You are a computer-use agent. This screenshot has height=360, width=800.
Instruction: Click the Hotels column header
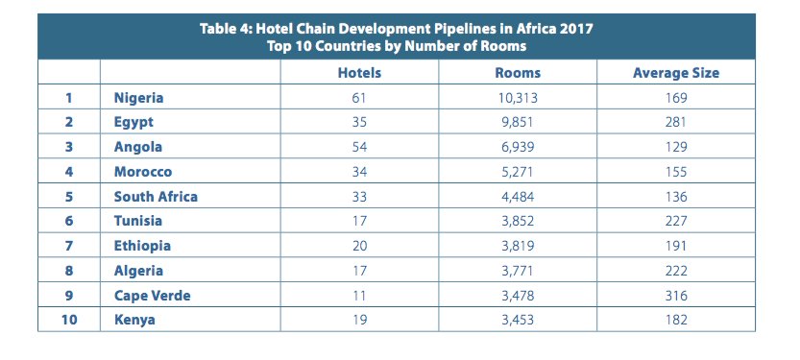pos(359,73)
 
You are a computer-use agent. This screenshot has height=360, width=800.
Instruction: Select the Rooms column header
pos(518,73)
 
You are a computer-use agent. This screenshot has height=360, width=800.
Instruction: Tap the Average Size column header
pos(676,73)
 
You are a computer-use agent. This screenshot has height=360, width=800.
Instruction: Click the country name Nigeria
pos(138,97)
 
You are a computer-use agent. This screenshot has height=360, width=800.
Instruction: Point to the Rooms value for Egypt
pos(518,122)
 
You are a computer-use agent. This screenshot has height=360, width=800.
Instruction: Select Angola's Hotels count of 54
pos(359,147)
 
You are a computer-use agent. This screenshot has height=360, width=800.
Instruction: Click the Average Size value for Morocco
pos(676,172)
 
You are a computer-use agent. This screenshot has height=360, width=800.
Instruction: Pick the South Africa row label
pos(156,197)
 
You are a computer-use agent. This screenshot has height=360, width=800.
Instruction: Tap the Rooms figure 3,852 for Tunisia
pos(518,222)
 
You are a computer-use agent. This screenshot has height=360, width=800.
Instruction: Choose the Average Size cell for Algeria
pos(676,271)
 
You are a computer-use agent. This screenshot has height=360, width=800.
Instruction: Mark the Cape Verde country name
pos(152,296)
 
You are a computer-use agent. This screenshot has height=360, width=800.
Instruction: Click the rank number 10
pos(69,321)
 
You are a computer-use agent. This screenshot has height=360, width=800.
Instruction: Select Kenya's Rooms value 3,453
pos(518,321)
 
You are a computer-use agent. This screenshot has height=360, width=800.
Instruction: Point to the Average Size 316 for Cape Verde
pos(676,296)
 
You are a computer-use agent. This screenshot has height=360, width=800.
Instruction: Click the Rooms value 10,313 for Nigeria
pos(518,97)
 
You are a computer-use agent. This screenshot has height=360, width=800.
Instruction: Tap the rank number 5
pos(69,197)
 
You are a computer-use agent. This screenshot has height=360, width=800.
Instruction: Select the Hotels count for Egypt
pos(359,122)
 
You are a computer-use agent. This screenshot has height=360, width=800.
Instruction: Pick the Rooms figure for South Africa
pos(518,197)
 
